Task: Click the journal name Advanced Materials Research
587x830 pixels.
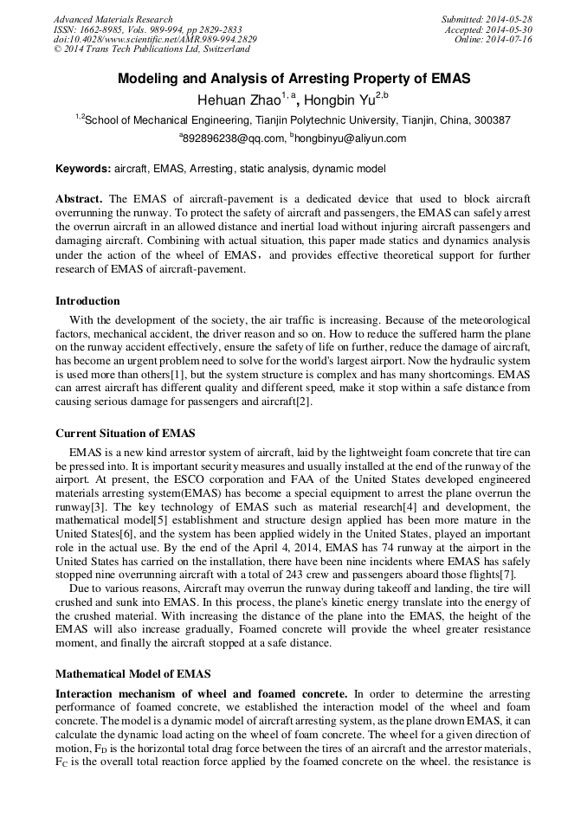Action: [113, 19]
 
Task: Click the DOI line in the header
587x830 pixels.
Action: [155, 40]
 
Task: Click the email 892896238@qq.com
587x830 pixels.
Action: [234, 138]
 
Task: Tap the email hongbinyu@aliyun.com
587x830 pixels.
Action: [351, 138]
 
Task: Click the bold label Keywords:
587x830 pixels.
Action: [83, 169]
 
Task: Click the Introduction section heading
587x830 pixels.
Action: [87, 301]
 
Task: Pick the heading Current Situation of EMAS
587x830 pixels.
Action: [126, 433]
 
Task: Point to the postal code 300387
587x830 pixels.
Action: [491, 120]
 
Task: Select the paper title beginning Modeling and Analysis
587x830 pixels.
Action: [293, 79]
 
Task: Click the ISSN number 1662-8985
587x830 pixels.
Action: [105, 29]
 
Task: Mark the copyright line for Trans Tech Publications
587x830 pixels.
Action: [152, 50]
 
